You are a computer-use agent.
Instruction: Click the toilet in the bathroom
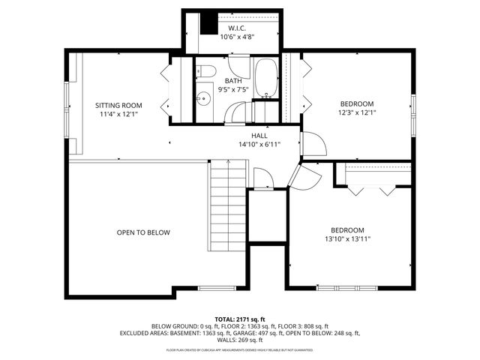coord(207,72)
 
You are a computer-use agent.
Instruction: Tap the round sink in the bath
coord(202,98)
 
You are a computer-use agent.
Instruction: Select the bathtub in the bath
coord(265,79)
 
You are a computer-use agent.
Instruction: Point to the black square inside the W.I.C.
coord(208,23)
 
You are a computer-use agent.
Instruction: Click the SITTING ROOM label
coord(118,105)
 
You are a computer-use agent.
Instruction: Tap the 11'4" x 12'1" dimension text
coord(118,115)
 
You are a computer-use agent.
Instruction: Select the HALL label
coord(259,135)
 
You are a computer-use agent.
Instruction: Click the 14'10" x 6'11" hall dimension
coord(259,144)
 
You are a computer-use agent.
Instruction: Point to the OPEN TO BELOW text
coord(143,232)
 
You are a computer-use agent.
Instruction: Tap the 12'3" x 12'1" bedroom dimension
coord(356,113)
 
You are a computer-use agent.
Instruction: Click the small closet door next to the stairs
coord(262,180)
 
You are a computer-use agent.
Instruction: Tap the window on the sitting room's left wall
coord(67,106)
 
